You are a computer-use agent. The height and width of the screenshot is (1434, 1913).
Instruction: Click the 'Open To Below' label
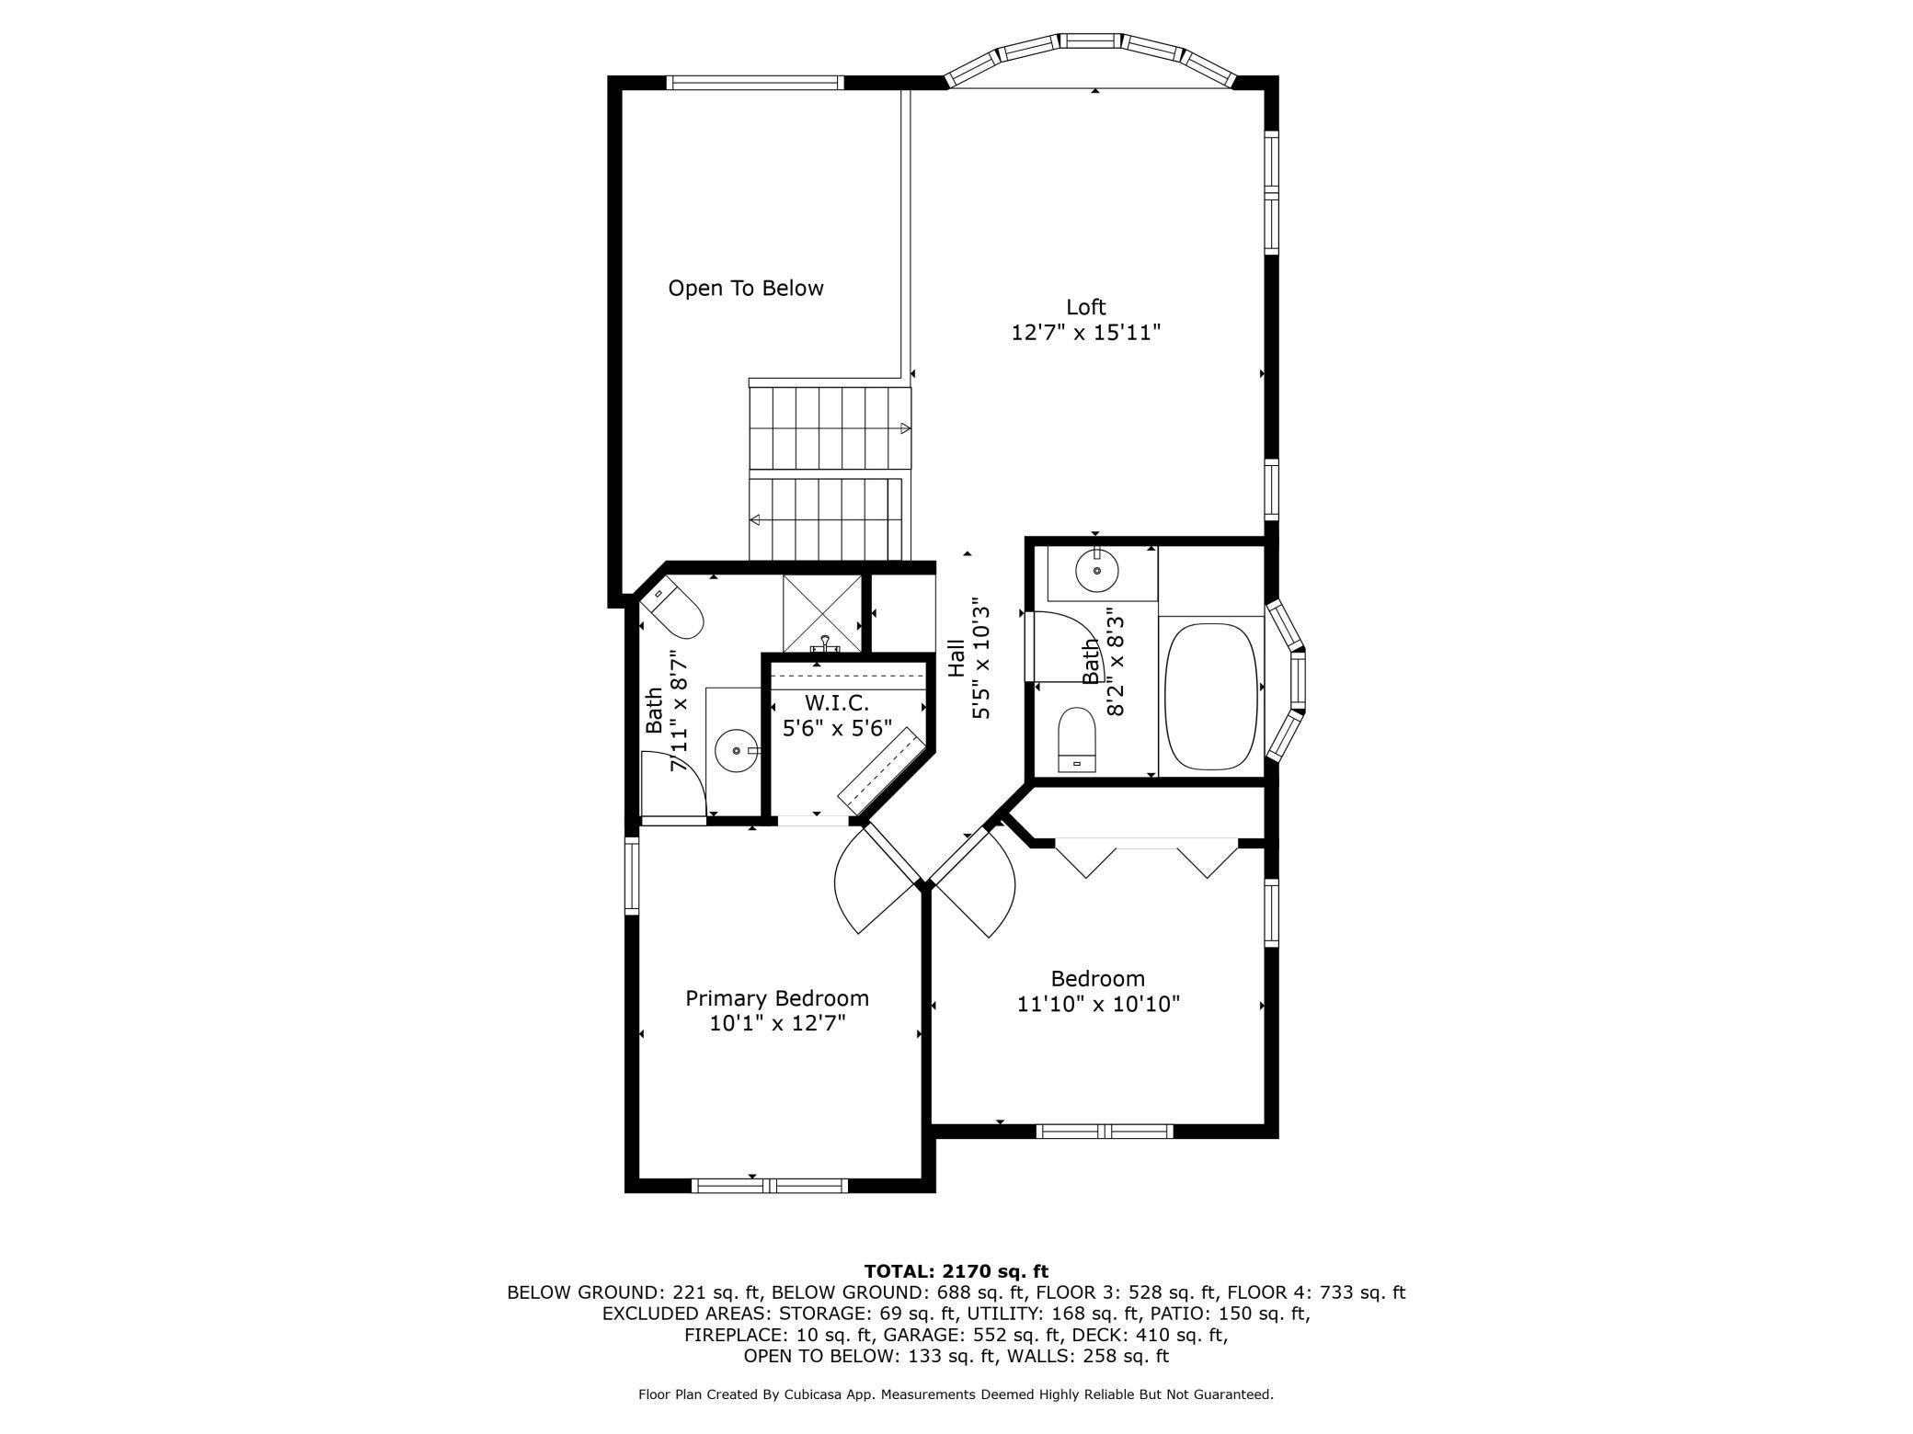click(746, 289)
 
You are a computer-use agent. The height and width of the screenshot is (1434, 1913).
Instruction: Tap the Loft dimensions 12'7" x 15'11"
click(1086, 332)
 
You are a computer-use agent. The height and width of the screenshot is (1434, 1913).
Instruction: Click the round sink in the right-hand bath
click(1097, 571)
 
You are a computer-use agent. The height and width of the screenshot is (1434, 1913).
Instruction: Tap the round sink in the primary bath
click(738, 751)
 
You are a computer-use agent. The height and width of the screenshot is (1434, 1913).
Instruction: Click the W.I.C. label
click(837, 703)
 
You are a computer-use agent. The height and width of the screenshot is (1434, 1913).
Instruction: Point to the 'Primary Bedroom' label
click(777, 998)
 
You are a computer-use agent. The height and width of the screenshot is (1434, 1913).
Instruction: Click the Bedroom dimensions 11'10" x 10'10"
click(1098, 1004)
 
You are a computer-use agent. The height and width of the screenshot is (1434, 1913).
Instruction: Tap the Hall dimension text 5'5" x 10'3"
click(982, 659)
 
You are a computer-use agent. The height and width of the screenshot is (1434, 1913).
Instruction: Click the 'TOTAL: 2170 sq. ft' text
click(956, 1271)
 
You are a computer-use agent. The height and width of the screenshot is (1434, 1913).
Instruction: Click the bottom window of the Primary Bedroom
click(770, 1186)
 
